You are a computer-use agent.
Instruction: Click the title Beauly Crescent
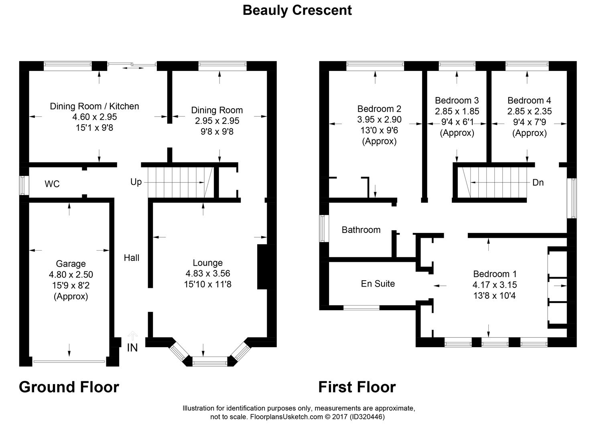coord(297,10)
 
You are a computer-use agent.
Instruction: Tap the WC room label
coord(52,184)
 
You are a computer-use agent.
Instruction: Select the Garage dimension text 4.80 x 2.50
coord(71,274)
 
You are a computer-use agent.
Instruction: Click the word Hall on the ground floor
coord(132,257)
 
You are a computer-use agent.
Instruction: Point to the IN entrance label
coord(132,348)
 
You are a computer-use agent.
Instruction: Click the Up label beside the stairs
coord(136,182)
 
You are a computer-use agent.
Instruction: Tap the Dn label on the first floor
coord(538,182)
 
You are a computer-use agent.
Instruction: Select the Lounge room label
coord(208,263)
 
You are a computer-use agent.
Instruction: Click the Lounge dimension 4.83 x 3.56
coord(208,273)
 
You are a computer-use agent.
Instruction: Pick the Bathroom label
coord(361,230)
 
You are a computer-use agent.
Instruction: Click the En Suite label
coord(378,283)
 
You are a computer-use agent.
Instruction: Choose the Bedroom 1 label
coord(495,274)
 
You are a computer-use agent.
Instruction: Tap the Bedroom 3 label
coord(457,100)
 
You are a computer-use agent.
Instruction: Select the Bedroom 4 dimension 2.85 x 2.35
coord(529,111)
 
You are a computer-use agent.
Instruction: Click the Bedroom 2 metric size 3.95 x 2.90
coord(379,119)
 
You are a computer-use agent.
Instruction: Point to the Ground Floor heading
coord(69,387)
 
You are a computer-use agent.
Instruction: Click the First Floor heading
coord(357,387)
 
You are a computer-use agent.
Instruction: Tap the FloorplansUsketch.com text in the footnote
coord(286,417)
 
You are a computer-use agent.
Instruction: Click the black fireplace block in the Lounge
coord(262,267)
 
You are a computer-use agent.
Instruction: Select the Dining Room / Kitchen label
coord(95,106)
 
